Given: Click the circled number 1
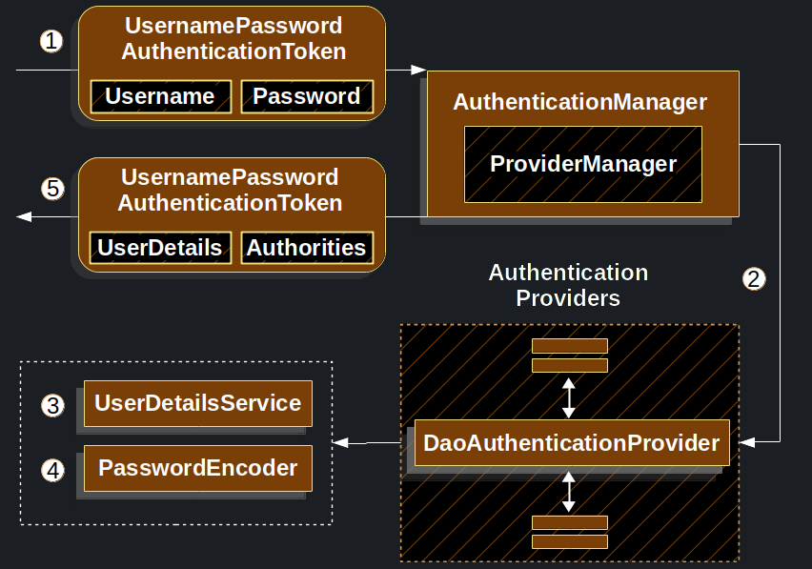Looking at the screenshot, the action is point(51,41).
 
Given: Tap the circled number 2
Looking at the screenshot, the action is point(754,278).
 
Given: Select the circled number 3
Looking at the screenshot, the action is point(52,405).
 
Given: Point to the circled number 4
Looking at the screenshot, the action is point(52,471).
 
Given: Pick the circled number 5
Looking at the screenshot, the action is point(52,189).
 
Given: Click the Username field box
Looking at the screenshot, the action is point(160,96).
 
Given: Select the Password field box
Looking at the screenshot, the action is point(307,96).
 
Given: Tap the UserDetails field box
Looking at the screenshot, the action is point(160,248).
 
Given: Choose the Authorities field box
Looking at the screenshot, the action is point(307,248).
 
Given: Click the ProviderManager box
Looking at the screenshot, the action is point(583,164).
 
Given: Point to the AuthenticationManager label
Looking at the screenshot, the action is point(580,102).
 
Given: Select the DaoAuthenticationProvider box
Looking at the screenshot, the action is point(572,442).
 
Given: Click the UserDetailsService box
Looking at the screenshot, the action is point(198,403).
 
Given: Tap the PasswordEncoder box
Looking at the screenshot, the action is point(198,468).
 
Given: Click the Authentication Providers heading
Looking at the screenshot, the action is point(569,285).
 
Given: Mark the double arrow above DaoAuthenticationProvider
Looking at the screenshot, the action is point(569,397).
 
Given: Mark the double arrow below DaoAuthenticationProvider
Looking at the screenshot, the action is point(569,492).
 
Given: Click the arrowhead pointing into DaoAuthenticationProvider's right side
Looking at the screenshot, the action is point(747,441).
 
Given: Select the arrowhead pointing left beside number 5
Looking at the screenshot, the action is point(24,216).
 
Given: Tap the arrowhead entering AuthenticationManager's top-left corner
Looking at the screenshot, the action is point(418,70).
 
